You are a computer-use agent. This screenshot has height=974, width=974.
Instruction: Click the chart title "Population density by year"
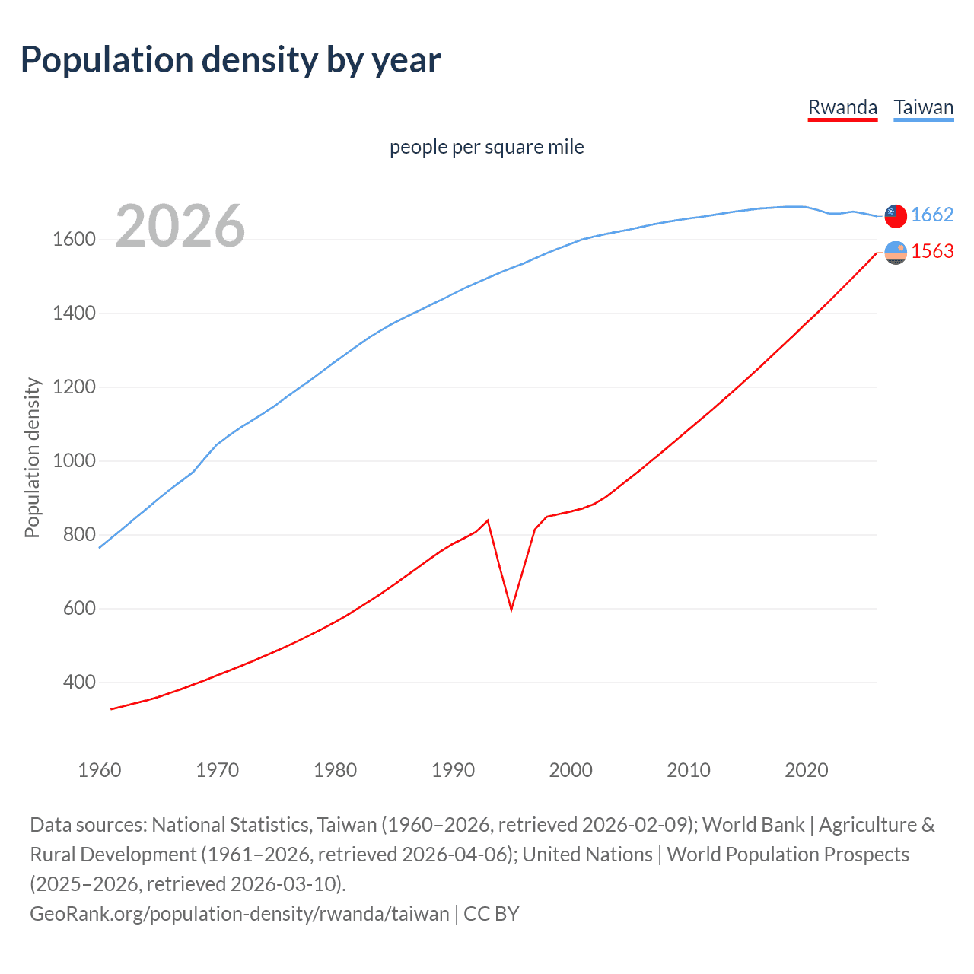click(231, 60)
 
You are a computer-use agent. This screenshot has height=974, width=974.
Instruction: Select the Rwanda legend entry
click(842, 107)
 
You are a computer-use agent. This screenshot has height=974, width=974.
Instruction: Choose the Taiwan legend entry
click(923, 107)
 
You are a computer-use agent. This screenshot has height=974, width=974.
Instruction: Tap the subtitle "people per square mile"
click(486, 147)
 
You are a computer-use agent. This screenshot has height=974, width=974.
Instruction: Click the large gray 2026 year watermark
click(180, 226)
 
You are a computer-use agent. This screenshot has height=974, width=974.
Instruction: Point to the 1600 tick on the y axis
click(74, 240)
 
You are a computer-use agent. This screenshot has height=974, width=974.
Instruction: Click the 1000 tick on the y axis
click(74, 461)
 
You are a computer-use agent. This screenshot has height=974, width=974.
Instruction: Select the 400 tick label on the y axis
click(79, 683)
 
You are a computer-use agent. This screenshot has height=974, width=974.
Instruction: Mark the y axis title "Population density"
click(32, 458)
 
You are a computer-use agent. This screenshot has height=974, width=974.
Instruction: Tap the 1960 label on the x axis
click(100, 770)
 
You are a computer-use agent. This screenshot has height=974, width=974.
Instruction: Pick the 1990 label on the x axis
click(453, 770)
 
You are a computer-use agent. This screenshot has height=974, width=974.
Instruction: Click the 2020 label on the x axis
click(806, 770)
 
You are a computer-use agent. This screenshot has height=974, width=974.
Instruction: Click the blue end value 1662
click(932, 215)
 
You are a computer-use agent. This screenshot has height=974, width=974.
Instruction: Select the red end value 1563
click(932, 252)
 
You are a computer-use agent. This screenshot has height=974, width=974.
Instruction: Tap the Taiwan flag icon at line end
click(896, 216)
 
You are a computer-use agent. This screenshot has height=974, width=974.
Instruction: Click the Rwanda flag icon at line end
click(896, 253)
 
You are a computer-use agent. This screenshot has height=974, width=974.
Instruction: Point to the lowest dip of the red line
click(511, 610)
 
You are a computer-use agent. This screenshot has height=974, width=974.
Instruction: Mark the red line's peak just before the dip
click(488, 520)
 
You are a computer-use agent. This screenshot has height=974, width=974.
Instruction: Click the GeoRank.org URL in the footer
click(239, 914)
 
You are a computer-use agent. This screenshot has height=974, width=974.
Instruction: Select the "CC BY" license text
click(492, 914)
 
